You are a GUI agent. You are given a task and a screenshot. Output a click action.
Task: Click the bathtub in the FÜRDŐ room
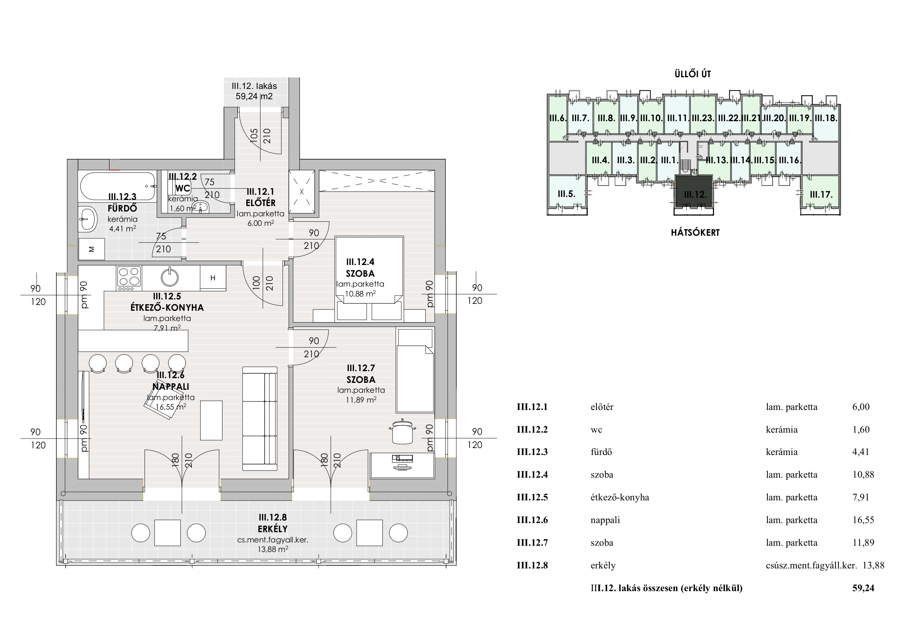tap(117, 186)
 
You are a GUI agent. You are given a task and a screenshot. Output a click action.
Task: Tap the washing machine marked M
tap(92, 249)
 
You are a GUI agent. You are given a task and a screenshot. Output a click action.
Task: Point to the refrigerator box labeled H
tap(213, 278)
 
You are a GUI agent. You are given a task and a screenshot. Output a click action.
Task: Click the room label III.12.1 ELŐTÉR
tap(261, 197)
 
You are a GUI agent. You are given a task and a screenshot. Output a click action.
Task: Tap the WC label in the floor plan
tap(183, 188)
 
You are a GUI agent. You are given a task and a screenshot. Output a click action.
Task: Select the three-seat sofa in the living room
tap(259, 418)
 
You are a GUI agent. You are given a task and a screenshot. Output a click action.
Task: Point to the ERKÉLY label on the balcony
tap(273, 529)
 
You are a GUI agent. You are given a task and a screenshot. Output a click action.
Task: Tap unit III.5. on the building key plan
tap(566, 194)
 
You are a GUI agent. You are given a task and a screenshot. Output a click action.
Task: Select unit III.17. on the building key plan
tap(821, 194)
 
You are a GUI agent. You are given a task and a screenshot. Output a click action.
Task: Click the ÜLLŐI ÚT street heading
tap(692, 74)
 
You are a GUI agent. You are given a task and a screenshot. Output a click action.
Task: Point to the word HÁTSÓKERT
tap(695, 232)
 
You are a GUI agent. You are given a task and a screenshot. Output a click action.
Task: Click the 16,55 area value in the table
tap(863, 520)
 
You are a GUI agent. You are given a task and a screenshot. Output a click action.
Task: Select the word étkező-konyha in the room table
tap(619, 497)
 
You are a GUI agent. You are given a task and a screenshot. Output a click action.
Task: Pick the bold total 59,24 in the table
tap(863, 588)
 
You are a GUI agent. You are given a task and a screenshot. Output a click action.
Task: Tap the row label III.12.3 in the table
tap(532, 452)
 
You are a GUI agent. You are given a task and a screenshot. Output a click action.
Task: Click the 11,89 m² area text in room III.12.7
tap(360, 400)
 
